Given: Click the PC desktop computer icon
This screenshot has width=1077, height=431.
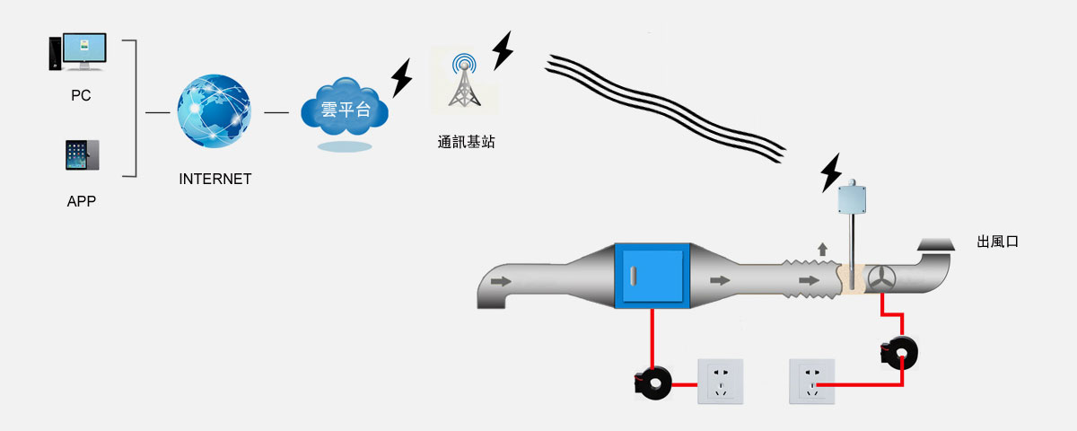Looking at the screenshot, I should tap(78, 52).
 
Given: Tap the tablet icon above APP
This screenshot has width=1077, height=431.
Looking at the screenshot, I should tap(82, 155).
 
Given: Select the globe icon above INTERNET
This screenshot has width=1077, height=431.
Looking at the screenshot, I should tap(215, 112).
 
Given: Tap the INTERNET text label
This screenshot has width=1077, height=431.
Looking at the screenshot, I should tap(215, 179).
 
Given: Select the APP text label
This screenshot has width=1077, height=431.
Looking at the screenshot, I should tap(82, 202).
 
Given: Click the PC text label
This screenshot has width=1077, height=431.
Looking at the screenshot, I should tap(81, 95).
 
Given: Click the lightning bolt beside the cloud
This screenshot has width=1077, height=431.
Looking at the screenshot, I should tap(402, 78).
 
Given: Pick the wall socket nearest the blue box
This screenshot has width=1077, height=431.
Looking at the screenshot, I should tap(722, 381).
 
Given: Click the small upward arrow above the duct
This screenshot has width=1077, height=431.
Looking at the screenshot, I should tap(822, 249).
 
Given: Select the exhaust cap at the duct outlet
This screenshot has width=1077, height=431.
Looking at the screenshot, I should tap(935, 244).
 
